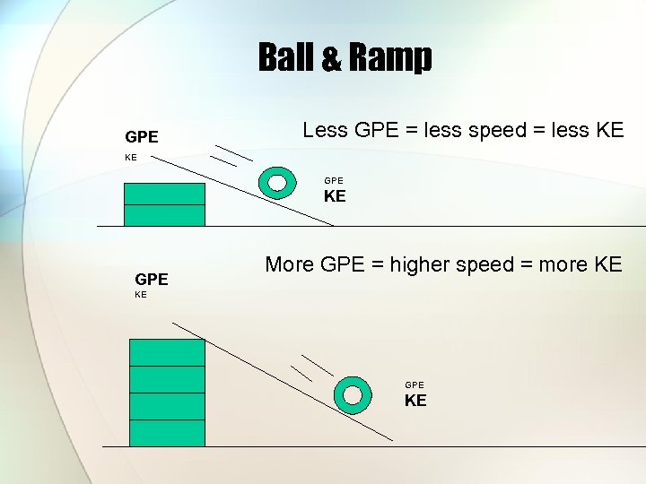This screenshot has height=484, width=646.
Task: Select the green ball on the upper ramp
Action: (277, 182)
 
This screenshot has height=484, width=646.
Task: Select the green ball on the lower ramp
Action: (353, 394)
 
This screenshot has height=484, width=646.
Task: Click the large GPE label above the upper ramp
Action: (142, 137)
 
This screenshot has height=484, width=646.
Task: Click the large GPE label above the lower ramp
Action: (152, 279)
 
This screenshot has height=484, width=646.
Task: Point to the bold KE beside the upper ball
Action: (335, 196)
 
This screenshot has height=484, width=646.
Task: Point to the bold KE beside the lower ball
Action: (415, 401)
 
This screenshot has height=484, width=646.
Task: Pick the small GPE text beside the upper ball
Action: (334, 180)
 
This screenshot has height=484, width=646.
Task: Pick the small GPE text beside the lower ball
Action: (415, 385)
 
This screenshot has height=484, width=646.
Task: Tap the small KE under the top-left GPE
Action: (131, 157)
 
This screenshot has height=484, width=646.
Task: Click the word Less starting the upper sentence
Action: (326, 130)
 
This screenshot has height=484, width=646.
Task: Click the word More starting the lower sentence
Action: (290, 264)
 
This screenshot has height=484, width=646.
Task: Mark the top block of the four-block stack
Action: (167, 352)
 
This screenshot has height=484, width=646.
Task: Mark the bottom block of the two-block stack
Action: (164, 215)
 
